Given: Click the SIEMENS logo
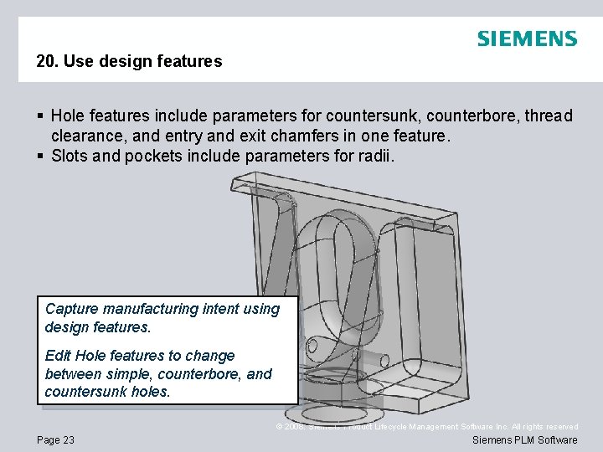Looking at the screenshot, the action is pyautogui.click(x=527, y=39).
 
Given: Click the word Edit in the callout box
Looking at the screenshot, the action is pyautogui.click(x=57, y=356).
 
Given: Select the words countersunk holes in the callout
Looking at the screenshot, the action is pyautogui.click(x=107, y=392).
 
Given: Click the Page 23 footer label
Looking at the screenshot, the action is pyautogui.click(x=55, y=440).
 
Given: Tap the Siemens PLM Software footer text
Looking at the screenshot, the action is pyautogui.click(x=525, y=440).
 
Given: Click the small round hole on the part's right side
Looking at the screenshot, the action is pyautogui.click(x=384, y=358).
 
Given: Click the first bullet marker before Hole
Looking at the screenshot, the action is pyautogui.click(x=39, y=116).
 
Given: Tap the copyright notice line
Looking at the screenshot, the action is pyautogui.click(x=427, y=427).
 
